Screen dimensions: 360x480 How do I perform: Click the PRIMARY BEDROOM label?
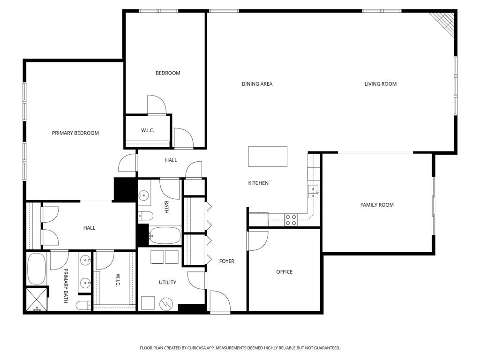(75, 133)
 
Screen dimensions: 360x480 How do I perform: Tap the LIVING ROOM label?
(381, 84)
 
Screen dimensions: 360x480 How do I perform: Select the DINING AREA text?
(257, 84)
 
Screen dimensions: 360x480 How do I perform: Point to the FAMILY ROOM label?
(377, 205)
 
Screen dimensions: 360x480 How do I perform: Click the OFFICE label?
(284, 272)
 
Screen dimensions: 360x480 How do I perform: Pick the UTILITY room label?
(167, 282)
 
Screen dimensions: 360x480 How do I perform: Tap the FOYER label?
(227, 261)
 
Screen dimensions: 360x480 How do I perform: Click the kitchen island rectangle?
(268, 157)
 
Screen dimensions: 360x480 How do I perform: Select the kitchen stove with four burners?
(291, 220)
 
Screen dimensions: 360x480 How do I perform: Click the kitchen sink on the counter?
(314, 189)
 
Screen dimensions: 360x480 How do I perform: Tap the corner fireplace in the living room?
(444, 22)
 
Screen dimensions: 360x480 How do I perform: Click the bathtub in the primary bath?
(36, 269)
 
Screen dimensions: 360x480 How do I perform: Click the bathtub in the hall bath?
(165, 235)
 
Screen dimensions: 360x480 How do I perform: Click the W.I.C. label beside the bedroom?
(148, 130)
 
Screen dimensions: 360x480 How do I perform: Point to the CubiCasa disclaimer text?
(240, 348)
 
